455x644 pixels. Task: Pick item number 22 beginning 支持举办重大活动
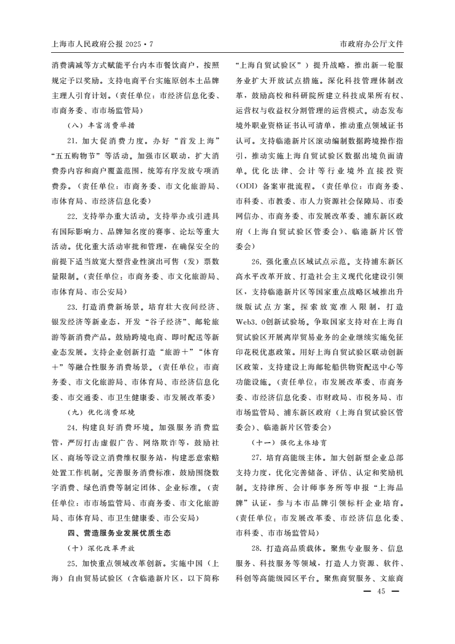(72, 216)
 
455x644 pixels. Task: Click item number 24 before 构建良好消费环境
(72, 427)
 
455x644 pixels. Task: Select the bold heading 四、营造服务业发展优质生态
(119, 533)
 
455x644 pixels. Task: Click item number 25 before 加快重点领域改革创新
(72, 563)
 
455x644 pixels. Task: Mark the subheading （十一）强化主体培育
(289, 443)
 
